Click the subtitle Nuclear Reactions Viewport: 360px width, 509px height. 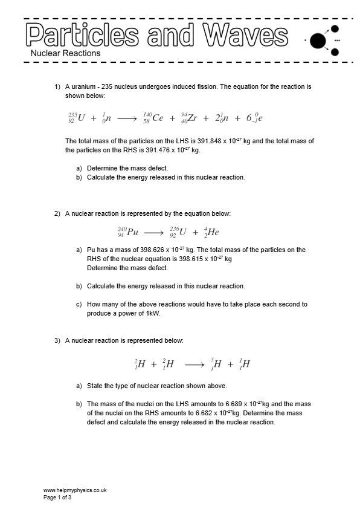pos(65,53)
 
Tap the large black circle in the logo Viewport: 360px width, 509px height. pos(318,41)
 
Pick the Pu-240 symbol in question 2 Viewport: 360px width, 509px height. pos(128,231)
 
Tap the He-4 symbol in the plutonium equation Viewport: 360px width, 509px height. pos(211,231)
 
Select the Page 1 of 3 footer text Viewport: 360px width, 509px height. pos(57,498)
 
